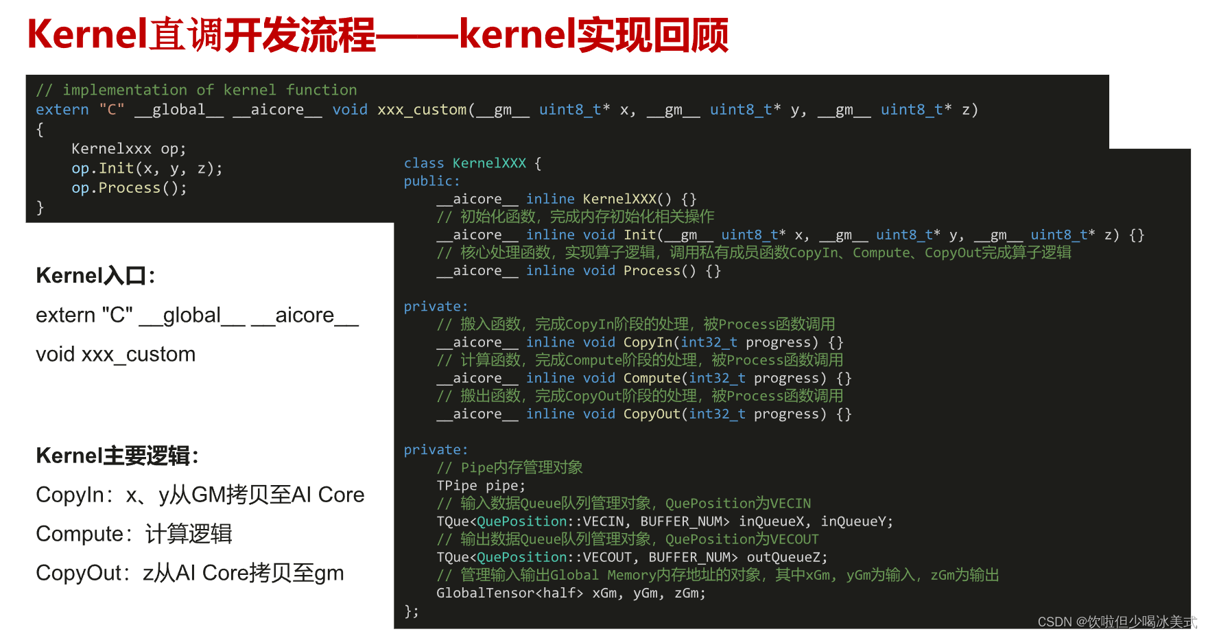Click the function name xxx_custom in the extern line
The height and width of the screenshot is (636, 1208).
tap(421, 110)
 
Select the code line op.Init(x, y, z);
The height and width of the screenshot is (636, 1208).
tap(147, 169)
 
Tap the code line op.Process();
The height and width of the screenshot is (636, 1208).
tap(129, 188)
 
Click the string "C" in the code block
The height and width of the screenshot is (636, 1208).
tap(112, 110)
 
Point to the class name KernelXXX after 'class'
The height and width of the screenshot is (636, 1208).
tap(489, 163)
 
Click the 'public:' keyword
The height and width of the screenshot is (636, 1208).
tap(431, 181)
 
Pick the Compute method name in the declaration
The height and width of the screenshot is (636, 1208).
tap(652, 378)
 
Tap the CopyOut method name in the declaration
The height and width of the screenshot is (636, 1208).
tap(652, 414)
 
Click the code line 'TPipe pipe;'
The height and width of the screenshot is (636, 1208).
tap(481, 486)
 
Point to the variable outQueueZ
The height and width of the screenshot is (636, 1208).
tap(786, 557)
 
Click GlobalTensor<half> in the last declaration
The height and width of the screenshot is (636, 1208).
tap(510, 593)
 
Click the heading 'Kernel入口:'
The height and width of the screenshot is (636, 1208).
tap(95, 276)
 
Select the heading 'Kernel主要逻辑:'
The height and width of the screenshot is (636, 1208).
tap(117, 456)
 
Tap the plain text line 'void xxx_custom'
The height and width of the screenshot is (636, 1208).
tap(116, 355)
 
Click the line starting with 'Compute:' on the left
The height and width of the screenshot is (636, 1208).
tap(134, 534)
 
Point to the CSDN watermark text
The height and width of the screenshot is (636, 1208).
tap(1116, 622)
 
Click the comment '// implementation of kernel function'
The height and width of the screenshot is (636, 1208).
tap(196, 91)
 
